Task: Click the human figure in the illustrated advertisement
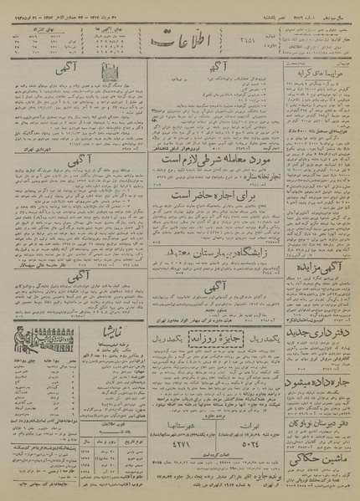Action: (25, 345)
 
